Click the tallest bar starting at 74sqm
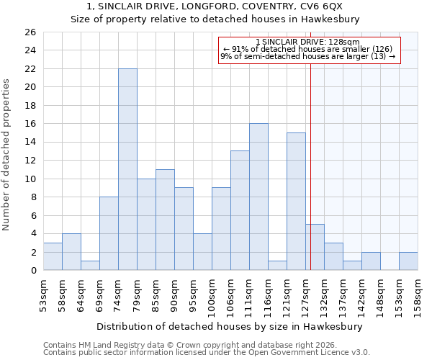click(127, 169)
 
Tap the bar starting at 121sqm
click(296, 202)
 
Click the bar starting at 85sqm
click(165, 220)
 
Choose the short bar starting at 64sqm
click(90, 266)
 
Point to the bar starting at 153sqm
click(408, 261)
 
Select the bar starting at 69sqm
click(109, 233)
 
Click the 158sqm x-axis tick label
click(418, 294)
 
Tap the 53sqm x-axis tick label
click(43, 294)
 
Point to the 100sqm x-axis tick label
click(212, 296)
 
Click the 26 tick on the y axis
click(30, 32)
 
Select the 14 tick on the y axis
click(30, 143)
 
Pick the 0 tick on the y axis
click(32, 271)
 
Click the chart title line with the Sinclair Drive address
click(215, 7)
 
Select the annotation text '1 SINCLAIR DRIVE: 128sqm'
click(308, 42)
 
